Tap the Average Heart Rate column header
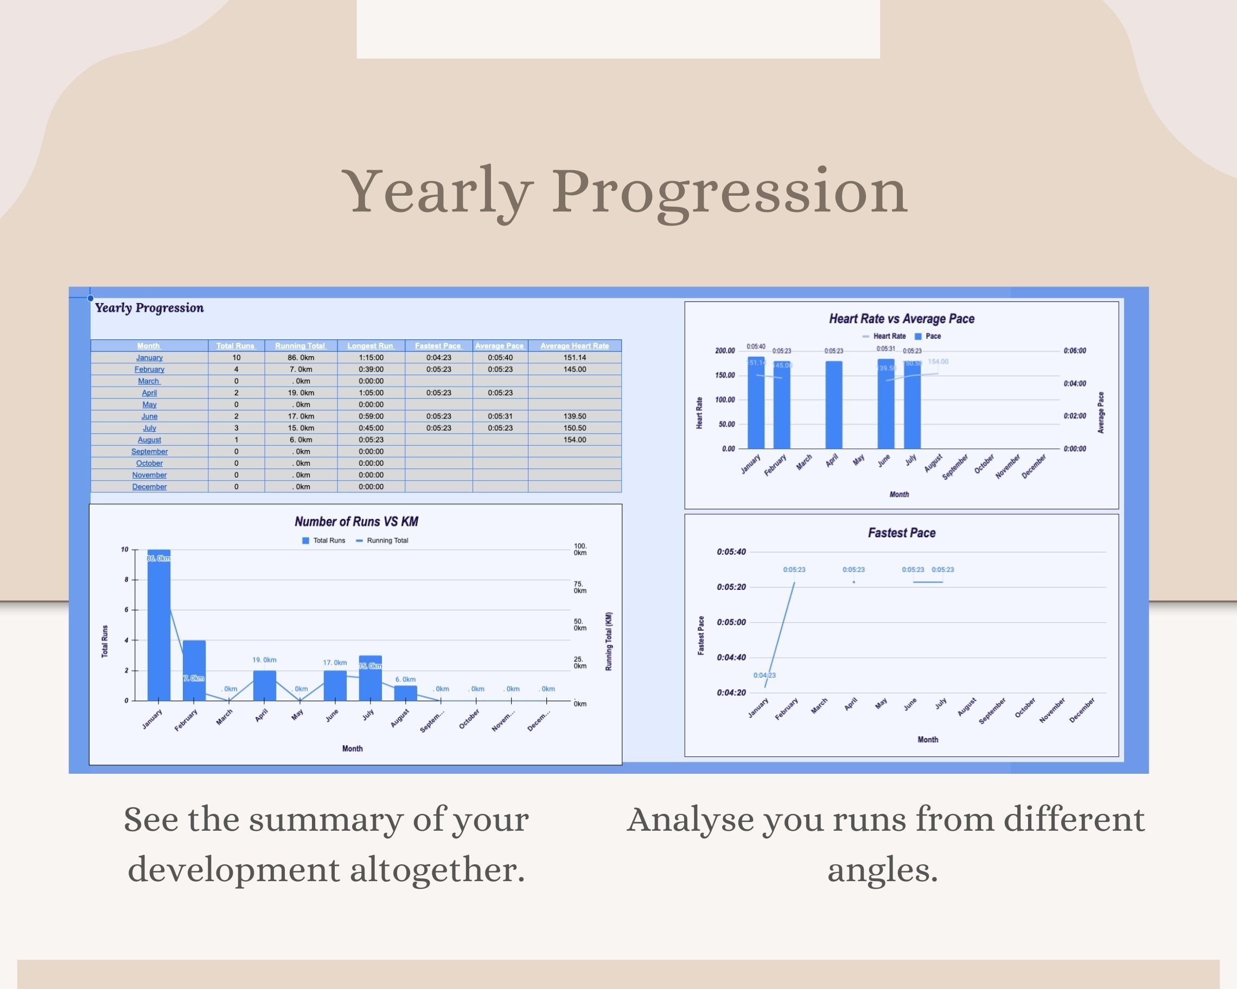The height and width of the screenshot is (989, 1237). (x=575, y=346)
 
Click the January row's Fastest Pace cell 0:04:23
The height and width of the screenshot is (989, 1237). (x=438, y=357)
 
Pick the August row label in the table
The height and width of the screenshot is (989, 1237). (x=149, y=440)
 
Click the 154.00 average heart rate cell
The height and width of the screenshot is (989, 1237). (x=575, y=440)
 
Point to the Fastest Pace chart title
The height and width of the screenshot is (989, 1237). (x=901, y=533)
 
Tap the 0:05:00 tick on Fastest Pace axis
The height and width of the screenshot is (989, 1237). (x=731, y=622)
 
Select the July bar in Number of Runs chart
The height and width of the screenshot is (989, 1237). (x=370, y=679)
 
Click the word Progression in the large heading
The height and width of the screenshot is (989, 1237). (x=729, y=191)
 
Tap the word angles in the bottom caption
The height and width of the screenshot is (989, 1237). (x=882, y=870)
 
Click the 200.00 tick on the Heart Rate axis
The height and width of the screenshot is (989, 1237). (x=725, y=351)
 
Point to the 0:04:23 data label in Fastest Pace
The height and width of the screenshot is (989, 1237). (x=764, y=676)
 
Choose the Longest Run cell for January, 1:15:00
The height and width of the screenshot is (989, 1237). (x=371, y=357)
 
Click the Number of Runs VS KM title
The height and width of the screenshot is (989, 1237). (x=356, y=522)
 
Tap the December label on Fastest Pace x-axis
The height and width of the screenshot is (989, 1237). (x=1082, y=710)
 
